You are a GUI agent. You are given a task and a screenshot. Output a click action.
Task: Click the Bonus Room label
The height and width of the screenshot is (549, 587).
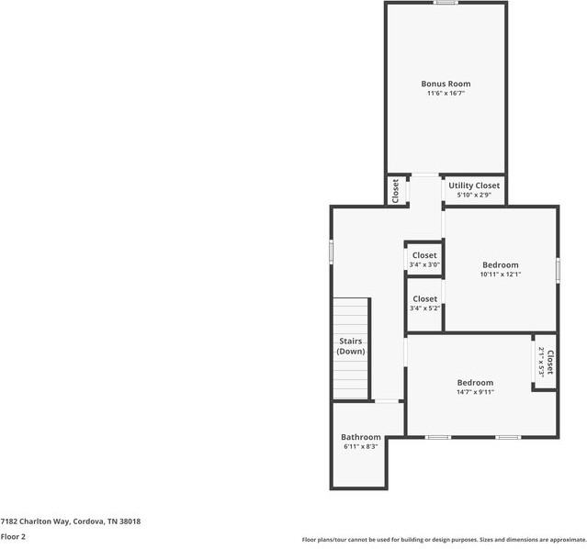(446, 84)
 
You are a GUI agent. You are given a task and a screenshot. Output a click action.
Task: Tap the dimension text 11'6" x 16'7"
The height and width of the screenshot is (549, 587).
(446, 94)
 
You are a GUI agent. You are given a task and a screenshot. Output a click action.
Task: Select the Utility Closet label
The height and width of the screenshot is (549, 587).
(474, 185)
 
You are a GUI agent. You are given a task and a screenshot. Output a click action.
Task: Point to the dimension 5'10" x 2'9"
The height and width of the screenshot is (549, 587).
(474, 195)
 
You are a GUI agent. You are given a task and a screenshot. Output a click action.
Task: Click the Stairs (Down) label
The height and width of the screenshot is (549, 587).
(351, 346)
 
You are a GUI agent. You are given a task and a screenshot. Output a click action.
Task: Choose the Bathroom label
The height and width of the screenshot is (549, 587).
(360, 437)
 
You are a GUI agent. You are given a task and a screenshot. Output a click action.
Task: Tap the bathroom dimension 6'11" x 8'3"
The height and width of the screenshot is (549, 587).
(360, 447)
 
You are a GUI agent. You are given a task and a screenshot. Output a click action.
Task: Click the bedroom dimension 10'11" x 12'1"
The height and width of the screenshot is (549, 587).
(500, 274)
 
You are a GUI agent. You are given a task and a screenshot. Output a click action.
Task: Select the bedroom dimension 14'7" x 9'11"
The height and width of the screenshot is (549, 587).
(475, 392)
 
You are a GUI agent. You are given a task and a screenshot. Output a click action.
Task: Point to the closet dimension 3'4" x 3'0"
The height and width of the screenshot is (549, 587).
(424, 265)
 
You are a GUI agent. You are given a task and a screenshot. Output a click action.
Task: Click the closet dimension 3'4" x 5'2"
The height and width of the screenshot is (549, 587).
(424, 308)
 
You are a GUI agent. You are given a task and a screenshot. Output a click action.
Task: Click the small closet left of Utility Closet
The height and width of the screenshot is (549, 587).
(396, 190)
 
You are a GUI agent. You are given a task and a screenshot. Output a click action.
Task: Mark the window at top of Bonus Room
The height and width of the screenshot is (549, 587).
(446, 3)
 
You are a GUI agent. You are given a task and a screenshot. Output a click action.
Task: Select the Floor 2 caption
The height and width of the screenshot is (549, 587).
(13, 537)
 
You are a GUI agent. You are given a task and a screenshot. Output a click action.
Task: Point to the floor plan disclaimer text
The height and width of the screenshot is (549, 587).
(444, 540)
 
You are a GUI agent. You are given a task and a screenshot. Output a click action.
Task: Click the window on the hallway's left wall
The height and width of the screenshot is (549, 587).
(332, 252)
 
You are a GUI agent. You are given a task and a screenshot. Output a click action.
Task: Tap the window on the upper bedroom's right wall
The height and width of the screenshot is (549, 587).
(558, 269)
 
